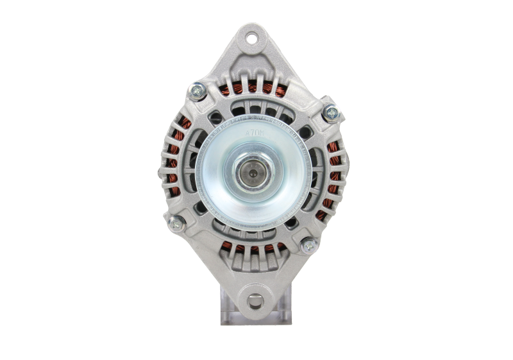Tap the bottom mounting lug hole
(255, 301)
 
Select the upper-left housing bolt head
(196, 91)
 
